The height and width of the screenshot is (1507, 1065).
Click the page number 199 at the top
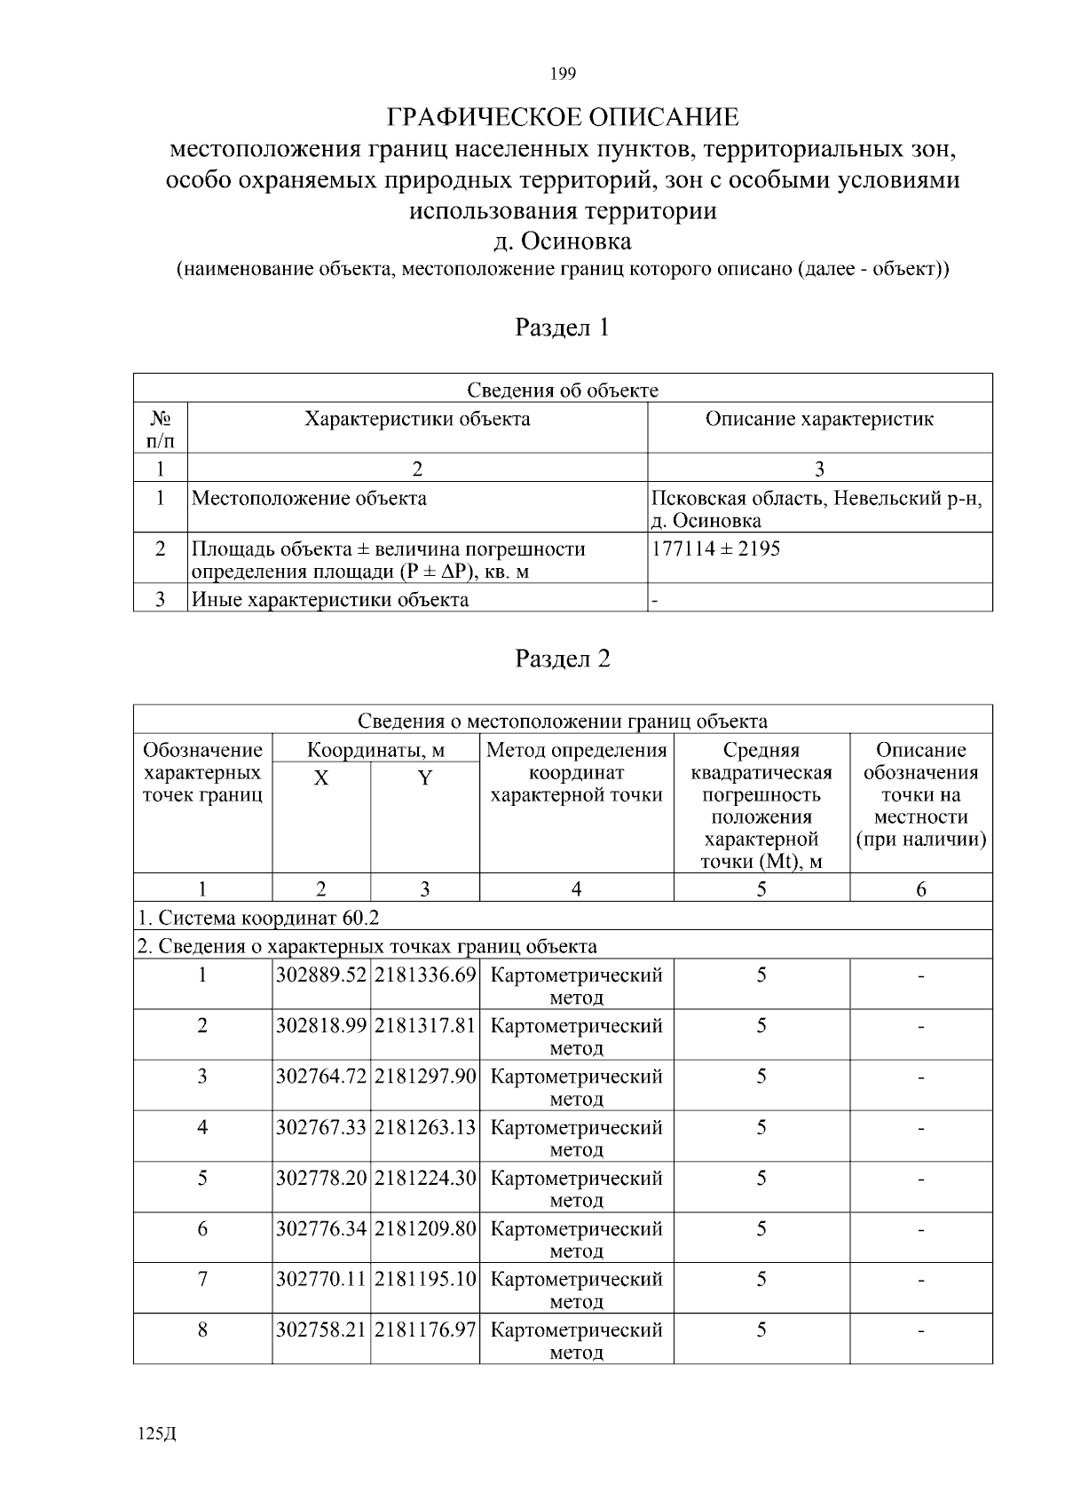[x=563, y=74]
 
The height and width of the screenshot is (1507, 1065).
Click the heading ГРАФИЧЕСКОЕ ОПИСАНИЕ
[x=563, y=117]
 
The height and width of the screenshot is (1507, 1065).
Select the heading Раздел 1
[x=563, y=327]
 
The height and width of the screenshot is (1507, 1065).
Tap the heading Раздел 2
[x=563, y=659]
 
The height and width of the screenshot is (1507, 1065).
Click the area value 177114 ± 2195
[x=715, y=548]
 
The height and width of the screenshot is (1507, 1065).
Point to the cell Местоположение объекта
[x=309, y=498]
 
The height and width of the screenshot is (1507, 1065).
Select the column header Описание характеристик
[x=819, y=419]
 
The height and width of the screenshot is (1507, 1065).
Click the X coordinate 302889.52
[x=321, y=974]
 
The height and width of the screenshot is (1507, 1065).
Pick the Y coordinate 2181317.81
[x=425, y=1025]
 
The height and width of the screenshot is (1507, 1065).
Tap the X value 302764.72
[x=321, y=1077]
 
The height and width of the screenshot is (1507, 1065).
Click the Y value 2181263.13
[x=425, y=1127]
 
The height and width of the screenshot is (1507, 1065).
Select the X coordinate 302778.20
[x=321, y=1178]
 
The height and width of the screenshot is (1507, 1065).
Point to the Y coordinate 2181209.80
[x=425, y=1228]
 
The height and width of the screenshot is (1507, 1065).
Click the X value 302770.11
[x=321, y=1279]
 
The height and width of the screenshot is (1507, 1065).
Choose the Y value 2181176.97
[x=425, y=1329]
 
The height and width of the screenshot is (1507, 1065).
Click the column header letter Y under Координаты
[x=425, y=778]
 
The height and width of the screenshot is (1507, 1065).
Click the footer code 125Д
[x=158, y=1434]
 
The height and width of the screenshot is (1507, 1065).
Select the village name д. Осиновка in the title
[x=563, y=241]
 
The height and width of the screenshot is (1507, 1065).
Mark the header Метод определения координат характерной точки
[x=577, y=772]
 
